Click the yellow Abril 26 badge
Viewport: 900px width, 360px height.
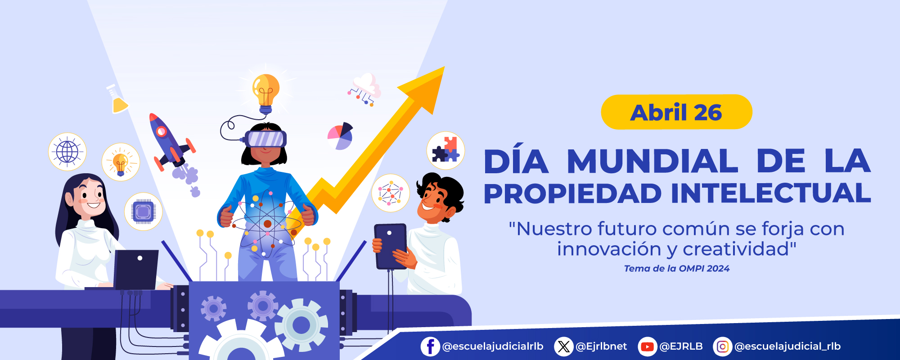point(676,112)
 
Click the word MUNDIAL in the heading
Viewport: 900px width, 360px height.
point(652,162)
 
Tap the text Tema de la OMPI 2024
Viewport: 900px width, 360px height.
point(676,269)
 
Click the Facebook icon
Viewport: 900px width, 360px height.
point(430,346)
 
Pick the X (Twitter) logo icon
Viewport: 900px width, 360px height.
point(563,346)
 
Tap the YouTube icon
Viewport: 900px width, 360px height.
point(647,346)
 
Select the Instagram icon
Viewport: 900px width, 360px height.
point(722,346)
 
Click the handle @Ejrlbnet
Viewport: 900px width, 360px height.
point(601,346)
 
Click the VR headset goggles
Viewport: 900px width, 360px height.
point(266,139)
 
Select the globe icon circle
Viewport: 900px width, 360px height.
point(67,152)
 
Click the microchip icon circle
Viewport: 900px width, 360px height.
point(143,211)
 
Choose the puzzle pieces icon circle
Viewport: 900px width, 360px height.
point(445,150)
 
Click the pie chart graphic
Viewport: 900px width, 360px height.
point(340,136)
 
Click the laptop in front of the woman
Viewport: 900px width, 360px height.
point(135,270)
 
